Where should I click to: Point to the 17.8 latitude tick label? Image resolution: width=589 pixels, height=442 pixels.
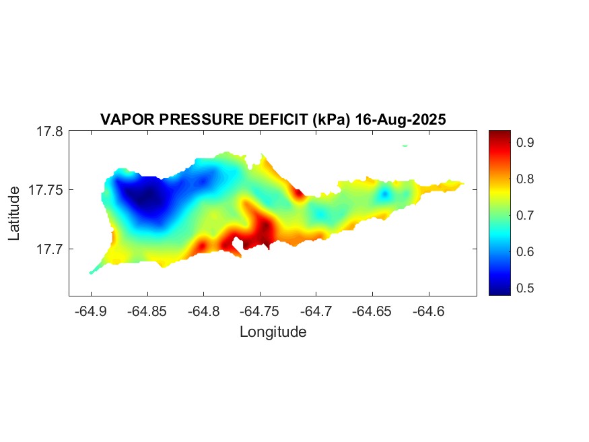pyautogui.click(x=49, y=131)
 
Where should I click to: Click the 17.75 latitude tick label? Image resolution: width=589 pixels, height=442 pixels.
pyautogui.click(x=46, y=190)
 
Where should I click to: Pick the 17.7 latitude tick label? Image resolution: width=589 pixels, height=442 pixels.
pyautogui.click(x=49, y=249)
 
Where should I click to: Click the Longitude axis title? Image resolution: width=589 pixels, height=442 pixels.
pyautogui.click(x=273, y=331)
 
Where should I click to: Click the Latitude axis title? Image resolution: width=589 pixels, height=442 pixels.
pyautogui.click(x=15, y=214)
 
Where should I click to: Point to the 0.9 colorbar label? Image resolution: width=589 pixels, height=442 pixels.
pyautogui.click(x=526, y=142)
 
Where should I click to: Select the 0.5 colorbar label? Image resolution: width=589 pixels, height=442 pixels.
pyautogui.click(x=526, y=288)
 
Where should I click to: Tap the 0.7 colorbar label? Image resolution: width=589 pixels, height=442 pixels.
pyautogui.click(x=526, y=215)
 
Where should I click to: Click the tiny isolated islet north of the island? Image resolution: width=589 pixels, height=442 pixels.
pyautogui.click(x=405, y=145)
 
